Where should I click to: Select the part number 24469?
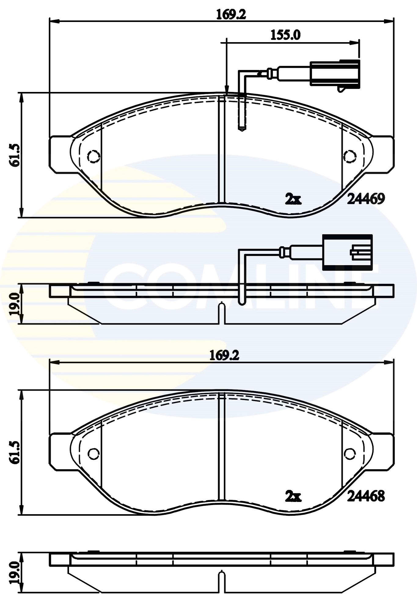click(366, 199)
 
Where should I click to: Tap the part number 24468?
click(366, 496)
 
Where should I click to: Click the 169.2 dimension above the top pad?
click(231, 14)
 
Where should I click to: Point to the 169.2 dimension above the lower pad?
click(224, 355)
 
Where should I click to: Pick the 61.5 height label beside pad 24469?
click(15, 155)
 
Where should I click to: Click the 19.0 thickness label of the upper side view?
click(14, 304)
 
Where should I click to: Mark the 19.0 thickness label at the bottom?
click(14, 573)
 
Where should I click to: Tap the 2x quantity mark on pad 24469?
click(293, 199)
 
